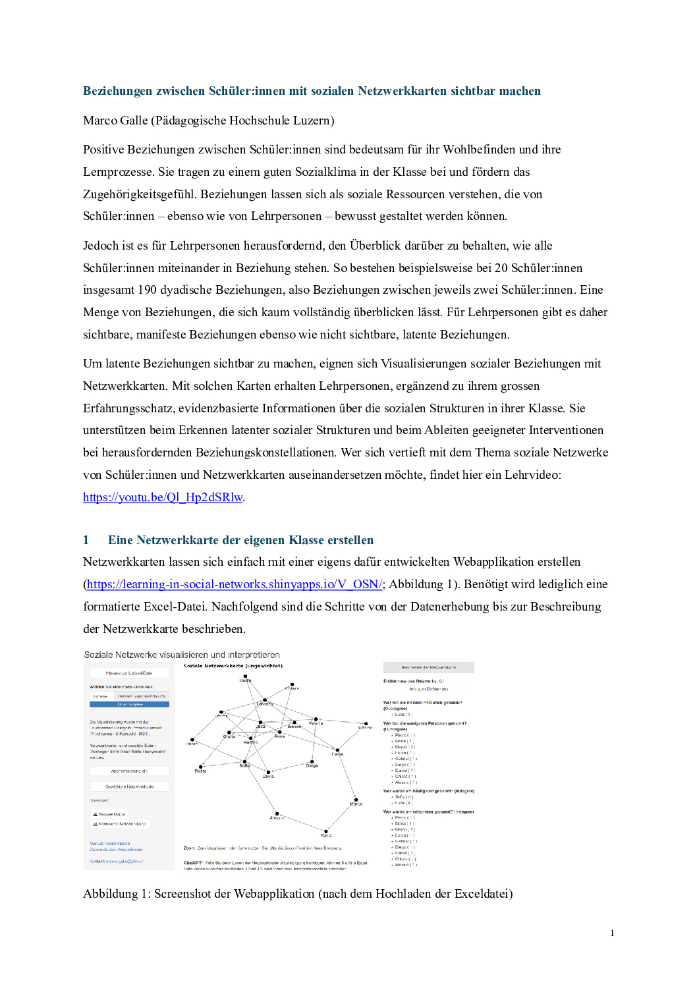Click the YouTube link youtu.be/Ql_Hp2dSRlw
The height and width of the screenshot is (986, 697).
pos(163,497)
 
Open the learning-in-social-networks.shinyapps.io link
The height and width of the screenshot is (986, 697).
pos(234,584)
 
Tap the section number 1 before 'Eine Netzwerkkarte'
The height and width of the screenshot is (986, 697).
pos(86,540)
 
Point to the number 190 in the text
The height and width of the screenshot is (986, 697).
pos(147,290)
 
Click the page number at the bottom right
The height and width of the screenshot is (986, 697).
pos(612,933)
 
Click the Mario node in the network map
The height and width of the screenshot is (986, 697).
pos(325,831)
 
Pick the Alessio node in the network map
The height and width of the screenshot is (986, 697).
pos(277,814)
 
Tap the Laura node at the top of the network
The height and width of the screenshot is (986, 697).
pos(245,676)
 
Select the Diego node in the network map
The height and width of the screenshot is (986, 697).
pos(312,761)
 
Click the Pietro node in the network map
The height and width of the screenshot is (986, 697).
pos(200,767)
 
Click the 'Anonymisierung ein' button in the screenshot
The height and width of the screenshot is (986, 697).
pos(129,771)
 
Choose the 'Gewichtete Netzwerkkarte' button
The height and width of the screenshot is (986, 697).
pos(129,786)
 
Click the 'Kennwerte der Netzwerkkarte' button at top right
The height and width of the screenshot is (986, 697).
pos(428,667)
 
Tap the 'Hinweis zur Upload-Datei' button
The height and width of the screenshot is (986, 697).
pos(129,673)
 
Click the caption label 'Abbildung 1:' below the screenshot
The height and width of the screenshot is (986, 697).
pos(116,894)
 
